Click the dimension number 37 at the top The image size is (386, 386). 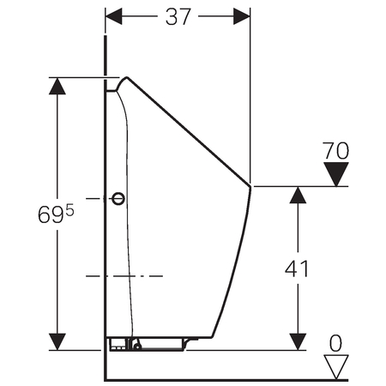pyautogui.click(x=178, y=16)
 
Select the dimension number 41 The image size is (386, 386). pyautogui.click(x=297, y=268)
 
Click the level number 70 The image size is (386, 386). pyautogui.click(x=335, y=150)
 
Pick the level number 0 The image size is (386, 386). pyautogui.click(x=335, y=343)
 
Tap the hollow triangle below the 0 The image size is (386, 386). pyautogui.click(x=336, y=367)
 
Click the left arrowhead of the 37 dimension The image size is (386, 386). pyautogui.click(x=114, y=16)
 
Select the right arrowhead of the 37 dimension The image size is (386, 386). pyautogui.click(x=242, y=16)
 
